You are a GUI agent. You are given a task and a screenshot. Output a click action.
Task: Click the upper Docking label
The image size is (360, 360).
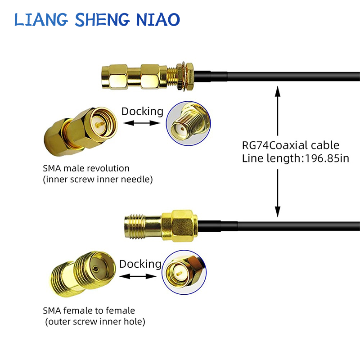(x=142, y=111)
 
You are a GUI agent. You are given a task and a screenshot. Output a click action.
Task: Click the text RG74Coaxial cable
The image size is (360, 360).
(x=291, y=145)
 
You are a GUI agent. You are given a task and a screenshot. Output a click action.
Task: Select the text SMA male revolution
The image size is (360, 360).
(x=86, y=168)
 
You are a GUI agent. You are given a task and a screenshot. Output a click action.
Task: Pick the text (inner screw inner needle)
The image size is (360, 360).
(x=98, y=179)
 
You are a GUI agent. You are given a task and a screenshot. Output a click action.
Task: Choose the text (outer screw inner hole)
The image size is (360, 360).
(x=95, y=321)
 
